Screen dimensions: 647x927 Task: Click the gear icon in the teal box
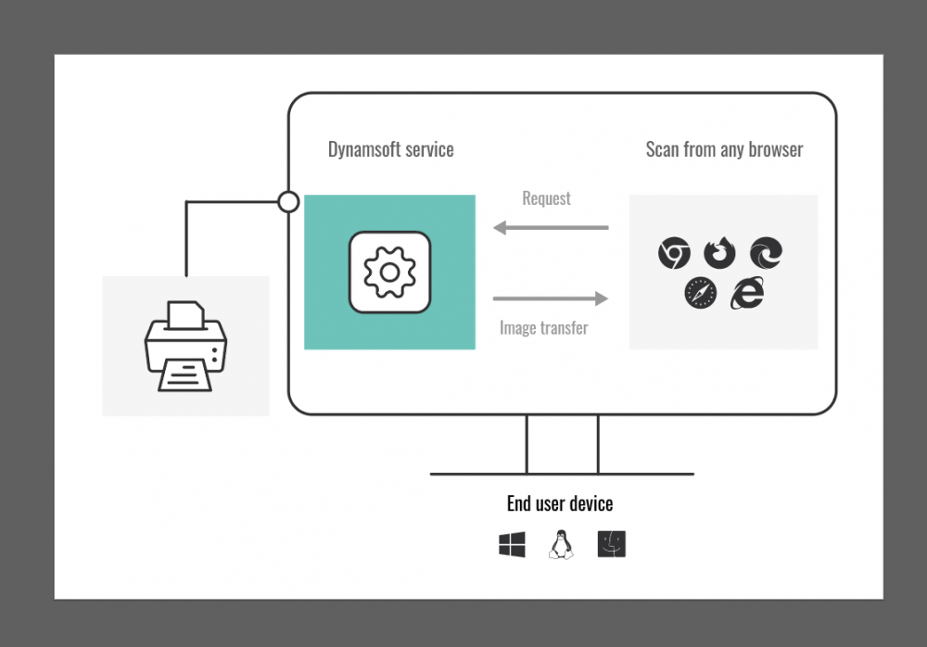tap(389, 272)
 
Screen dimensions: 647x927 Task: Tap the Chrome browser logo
tap(674, 252)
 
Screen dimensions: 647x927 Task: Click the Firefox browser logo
tap(719, 251)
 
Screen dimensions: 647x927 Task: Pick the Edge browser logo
tap(766, 252)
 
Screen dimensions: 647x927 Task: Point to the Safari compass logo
tap(701, 293)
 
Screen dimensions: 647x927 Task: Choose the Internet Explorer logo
tap(746, 293)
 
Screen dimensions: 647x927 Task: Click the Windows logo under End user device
tap(512, 545)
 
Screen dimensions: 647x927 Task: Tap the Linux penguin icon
tap(561, 544)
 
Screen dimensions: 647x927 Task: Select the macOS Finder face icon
tap(612, 544)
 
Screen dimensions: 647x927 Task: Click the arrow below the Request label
tap(551, 227)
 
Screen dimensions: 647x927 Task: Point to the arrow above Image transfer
tap(551, 298)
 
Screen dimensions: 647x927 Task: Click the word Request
tap(546, 198)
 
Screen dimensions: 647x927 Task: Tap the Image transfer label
tap(543, 327)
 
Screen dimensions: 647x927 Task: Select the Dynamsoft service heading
tap(390, 149)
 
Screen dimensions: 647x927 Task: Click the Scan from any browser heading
tap(724, 149)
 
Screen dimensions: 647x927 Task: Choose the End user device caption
tap(559, 503)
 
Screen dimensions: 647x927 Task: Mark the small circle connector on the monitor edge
tap(288, 201)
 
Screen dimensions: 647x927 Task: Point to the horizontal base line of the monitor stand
tap(562, 474)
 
